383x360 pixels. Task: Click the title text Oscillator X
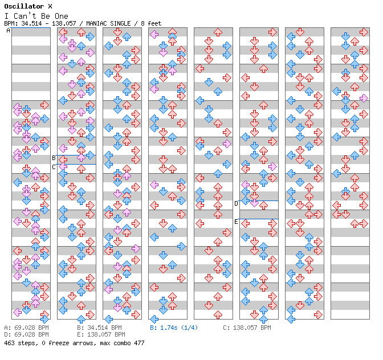pyautogui.click(x=28, y=6)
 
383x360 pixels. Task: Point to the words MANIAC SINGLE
pyautogui.click(x=107, y=23)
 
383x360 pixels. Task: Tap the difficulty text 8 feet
pyautogui.click(x=150, y=23)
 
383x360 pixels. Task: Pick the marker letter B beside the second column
pyautogui.click(x=54, y=158)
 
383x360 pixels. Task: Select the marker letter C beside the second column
pyautogui.click(x=54, y=167)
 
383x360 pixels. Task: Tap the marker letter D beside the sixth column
pyautogui.click(x=237, y=203)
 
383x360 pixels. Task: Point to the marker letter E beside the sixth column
pyautogui.click(x=237, y=222)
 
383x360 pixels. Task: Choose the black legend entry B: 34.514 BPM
pyautogui.click(x=99, y=328)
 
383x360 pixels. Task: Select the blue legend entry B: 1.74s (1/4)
pyautogui.click(x=174, y=328)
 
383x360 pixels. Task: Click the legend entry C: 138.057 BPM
pyautogui.click(x=247, y=328)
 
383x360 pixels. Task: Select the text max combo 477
pyautogui.click(x=124, y=343)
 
